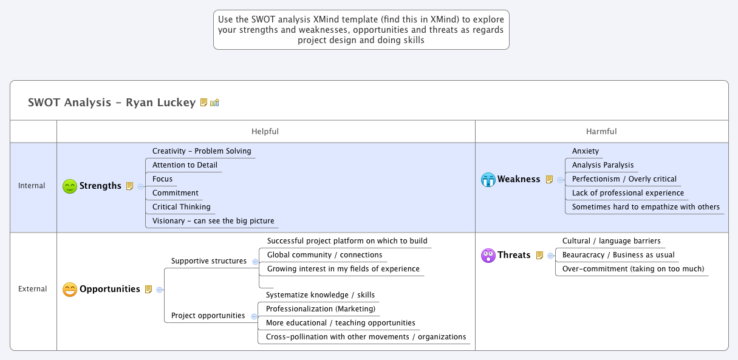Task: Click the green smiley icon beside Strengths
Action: pyautogui.click(x=70, y=186)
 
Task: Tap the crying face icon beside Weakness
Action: pyautogui.click(x=488, y=180)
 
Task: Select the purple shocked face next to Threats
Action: pyautogui.click(x=488, y=256)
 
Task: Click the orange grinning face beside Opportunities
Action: pyautogui.click(x=70, y=290)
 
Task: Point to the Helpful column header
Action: pyautogui.click(x=265, y=131)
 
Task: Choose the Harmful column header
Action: pyautogui.click(x=601, y=131)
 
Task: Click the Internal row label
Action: pyautogui.click(x=32, y=186)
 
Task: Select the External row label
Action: pyautogui.click(x=33, y=289)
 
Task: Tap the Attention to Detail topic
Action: pyautogui.click(x=185, y=165)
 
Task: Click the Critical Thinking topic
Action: pyautogui.click(x=182, y=207)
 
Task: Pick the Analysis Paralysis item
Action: pyautogui.click(x=603, y=165)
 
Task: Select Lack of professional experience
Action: pyautogui.click(x=628, y=193)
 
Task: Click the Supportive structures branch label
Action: pyautogui.click(x=209, y=261)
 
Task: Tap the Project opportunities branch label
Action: pyautogui.click(x=208, y=316)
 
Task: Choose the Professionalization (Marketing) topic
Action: pyautogui.click(x=321, y=309)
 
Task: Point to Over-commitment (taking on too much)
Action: pyautogui.click(x=633, y=269)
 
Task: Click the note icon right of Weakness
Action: pyautogui.click(x=549, y=180)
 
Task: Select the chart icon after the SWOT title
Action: pyautogui.click(x=214, y=103)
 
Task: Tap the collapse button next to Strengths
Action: pyautogui.click(x=141, y=186)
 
